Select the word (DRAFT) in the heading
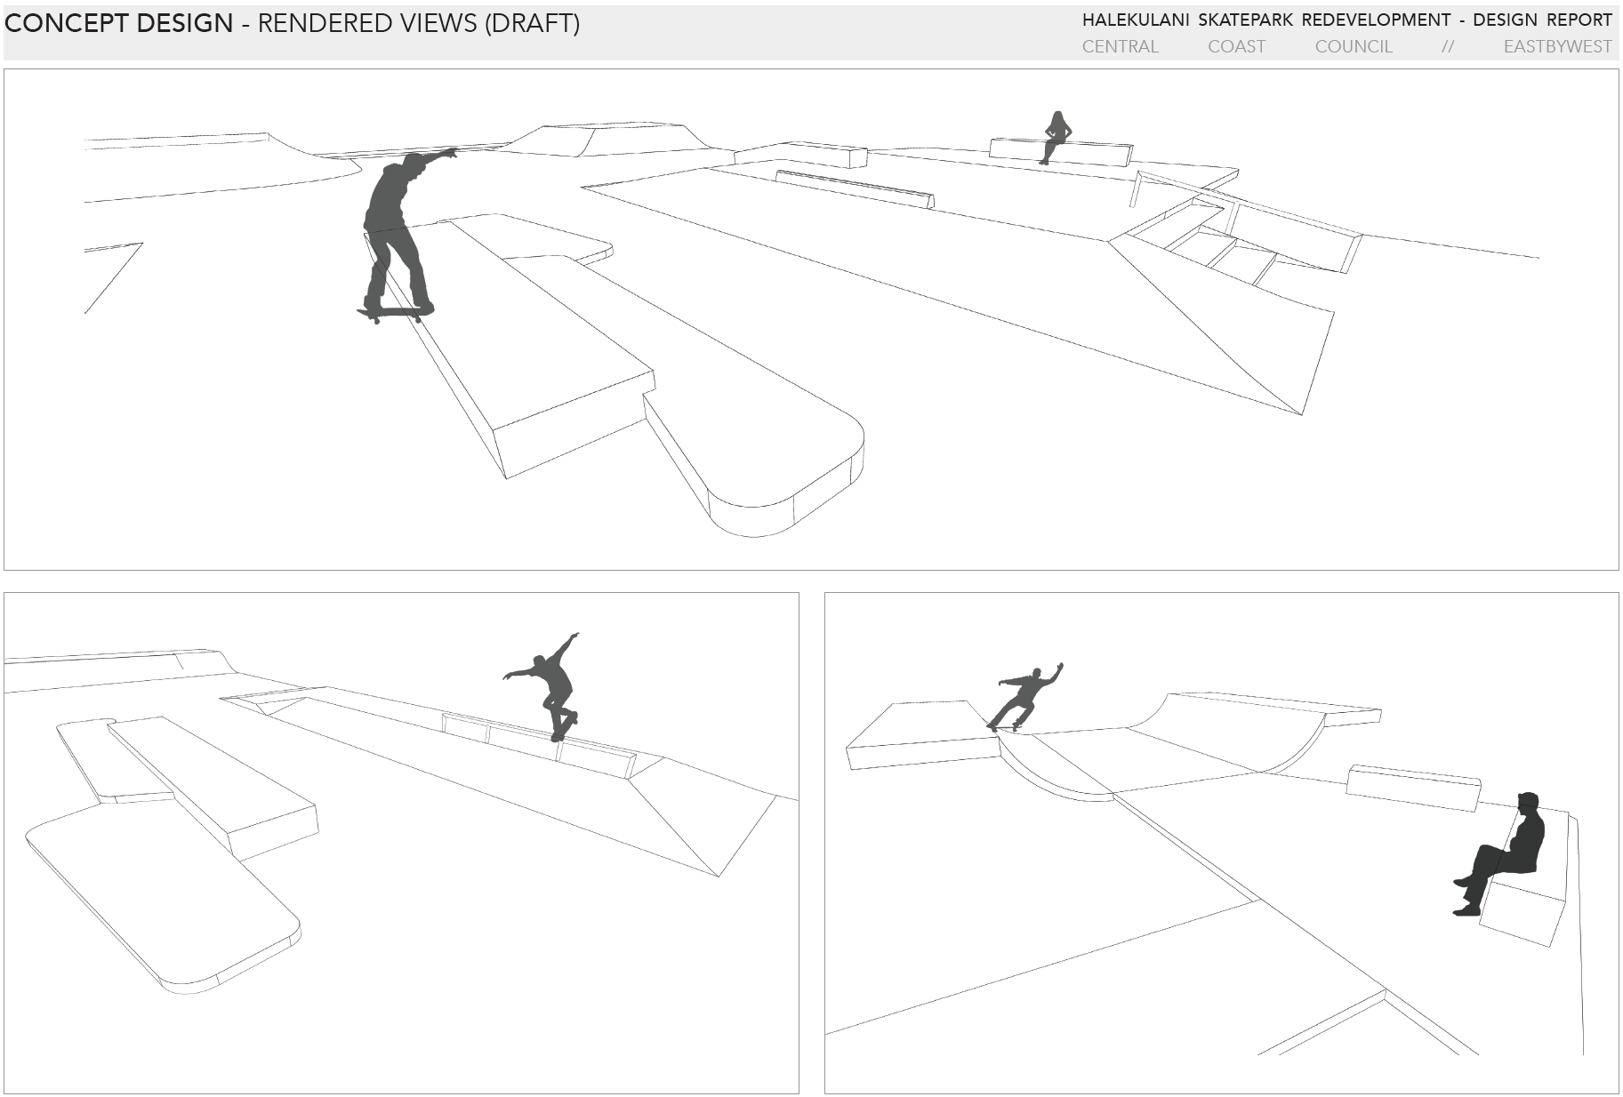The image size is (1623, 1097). click(x=532, y=23)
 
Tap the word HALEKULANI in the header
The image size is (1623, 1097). click(x=1135, y=20)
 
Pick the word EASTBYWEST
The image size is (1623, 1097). click(x=1557, y=46)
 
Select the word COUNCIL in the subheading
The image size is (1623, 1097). click(x=1354, y=46)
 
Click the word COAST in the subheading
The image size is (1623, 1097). click(x=1236, y=46)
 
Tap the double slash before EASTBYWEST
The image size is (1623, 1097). click(x=1448, y=46)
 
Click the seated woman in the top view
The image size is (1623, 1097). click(x=1055, y=136)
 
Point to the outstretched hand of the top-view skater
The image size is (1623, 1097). click(x=452, y=153)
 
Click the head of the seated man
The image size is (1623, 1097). click(x=1527, y=803)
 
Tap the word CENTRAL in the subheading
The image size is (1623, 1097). click(x=1120, y=46)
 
